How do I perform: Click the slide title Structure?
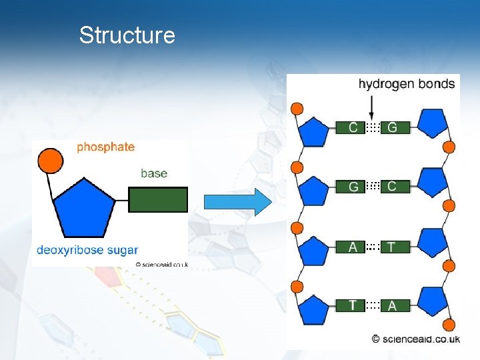[x=127, y=35]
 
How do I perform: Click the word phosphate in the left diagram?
[x=105, y=147]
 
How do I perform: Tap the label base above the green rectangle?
[x=154, y=173]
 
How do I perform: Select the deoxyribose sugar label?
[x=87, y=250]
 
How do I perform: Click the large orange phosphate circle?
[x=50, y=160]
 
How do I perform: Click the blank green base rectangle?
[x=158, y=200]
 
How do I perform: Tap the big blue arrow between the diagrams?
[x=238, y=201]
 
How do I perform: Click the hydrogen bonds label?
[x=407, y=84]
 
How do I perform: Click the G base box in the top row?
[x=393, y=127]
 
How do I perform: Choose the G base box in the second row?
[x=353, y=187]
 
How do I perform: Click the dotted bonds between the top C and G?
[x=373, y=127]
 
